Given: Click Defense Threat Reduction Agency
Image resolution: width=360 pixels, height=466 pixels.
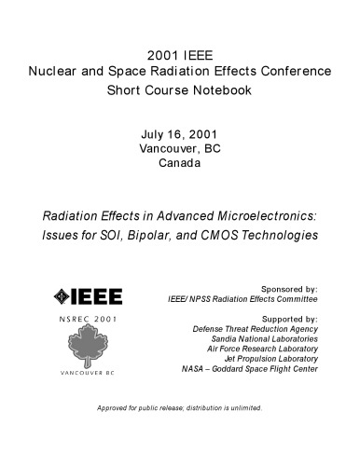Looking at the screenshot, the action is tap(255, 331).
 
